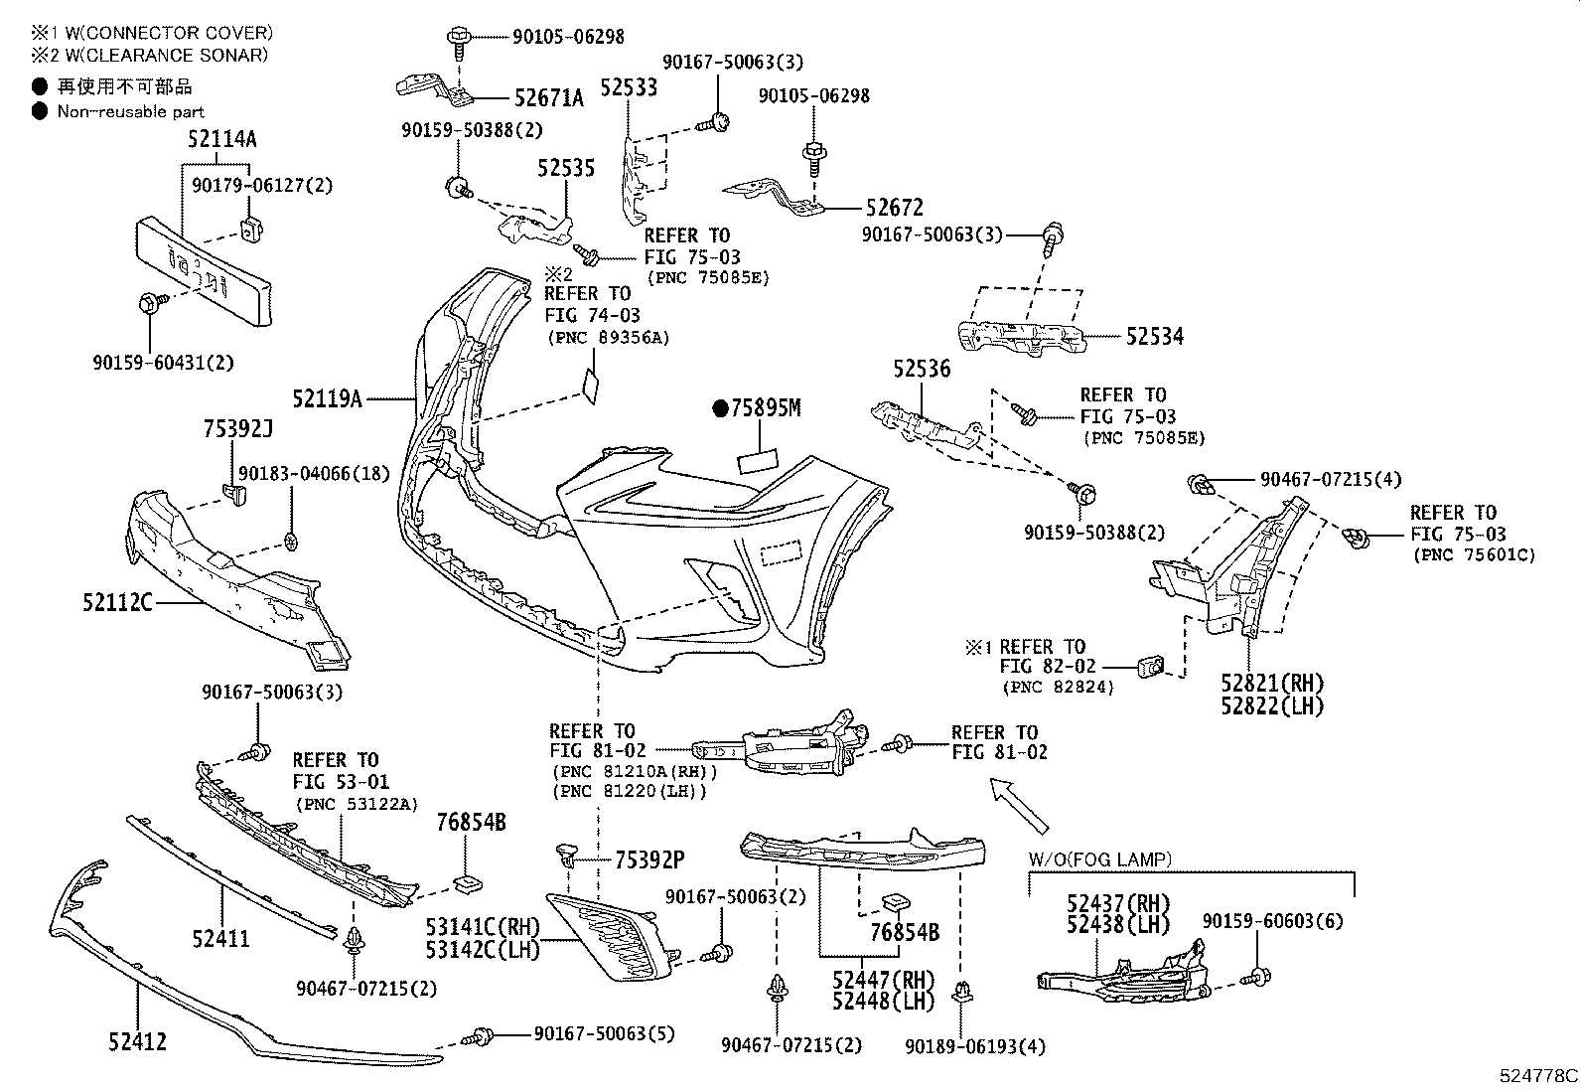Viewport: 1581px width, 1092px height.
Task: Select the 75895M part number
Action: pos(765,408)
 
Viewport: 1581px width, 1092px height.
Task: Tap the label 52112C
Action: pos(117,601)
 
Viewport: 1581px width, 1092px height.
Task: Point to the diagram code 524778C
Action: pos(1537,1075)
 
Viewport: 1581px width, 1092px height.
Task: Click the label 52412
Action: pos(137,1041)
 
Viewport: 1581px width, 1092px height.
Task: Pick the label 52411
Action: pos(220,938)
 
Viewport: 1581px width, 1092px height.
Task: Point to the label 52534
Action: pos(1155,337)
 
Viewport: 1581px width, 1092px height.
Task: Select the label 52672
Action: pos(894,208)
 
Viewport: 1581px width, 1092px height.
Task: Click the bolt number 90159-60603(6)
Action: pos(1272,921)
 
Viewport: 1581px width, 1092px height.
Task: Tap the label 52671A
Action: pos(549,97)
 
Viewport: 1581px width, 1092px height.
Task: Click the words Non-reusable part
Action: pos(130,112)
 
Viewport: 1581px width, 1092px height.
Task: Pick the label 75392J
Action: pos(237,428)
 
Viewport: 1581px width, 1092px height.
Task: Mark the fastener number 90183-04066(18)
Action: pos(313,475)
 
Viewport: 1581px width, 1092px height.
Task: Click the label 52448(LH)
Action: pos(884,1001)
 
